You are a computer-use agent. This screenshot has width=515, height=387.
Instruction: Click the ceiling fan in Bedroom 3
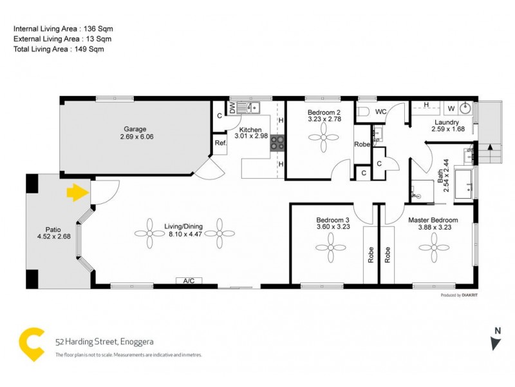pyautogui.click(x=332, y=246)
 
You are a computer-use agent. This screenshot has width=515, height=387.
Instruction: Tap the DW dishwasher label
pyautogui.click(x=232, y=107)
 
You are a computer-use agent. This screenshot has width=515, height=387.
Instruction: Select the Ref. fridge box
pyautogui.click(x=220, y=143)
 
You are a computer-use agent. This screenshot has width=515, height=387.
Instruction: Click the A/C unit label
pyautogui.click(x=189, y=281)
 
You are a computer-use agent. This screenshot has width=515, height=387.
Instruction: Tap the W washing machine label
pyautogui.click(x=451, y=108)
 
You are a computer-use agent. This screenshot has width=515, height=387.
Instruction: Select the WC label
pyautogui.click(x=380, y=112)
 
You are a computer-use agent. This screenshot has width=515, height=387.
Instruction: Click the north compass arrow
pyautogui.click(x=495, y=341)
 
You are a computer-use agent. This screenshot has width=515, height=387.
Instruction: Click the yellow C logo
pyautogui.click(x=32, y=344)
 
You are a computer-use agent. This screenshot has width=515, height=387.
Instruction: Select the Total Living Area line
pyautogui.click(x=59, y=49)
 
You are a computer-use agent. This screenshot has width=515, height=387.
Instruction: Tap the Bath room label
pyautogui.click(x=442, y=172)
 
